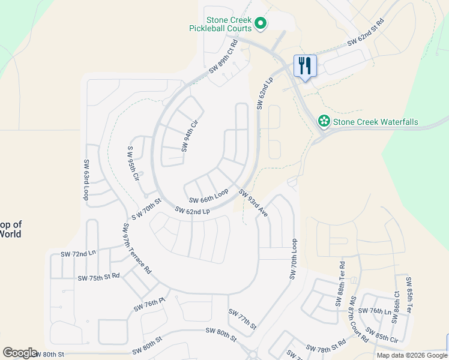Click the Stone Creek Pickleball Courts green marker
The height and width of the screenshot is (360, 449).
point(261,24)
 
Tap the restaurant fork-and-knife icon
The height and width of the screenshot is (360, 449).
point(305,65)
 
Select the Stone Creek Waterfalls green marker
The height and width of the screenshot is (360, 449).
point(324,122)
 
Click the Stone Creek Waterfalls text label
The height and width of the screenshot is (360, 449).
point(375,122)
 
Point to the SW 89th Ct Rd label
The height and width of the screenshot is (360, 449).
point(223,56)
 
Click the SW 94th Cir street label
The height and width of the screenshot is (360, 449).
point(190,135)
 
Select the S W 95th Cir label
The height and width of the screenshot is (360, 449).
point(133,164)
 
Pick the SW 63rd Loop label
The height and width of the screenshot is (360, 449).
point(86,180)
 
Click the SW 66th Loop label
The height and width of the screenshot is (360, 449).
point(209,196)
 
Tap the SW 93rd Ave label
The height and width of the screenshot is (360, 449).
point(253,203)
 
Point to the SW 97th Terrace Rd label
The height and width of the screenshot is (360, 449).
point(137,248)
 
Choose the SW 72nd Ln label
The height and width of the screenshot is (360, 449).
point(78,254)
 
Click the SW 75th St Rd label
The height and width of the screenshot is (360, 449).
point(99,278)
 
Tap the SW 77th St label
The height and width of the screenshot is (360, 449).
point(242,319)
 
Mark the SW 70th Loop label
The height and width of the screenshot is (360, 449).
point(293,259)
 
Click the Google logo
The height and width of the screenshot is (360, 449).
point(20,353)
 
